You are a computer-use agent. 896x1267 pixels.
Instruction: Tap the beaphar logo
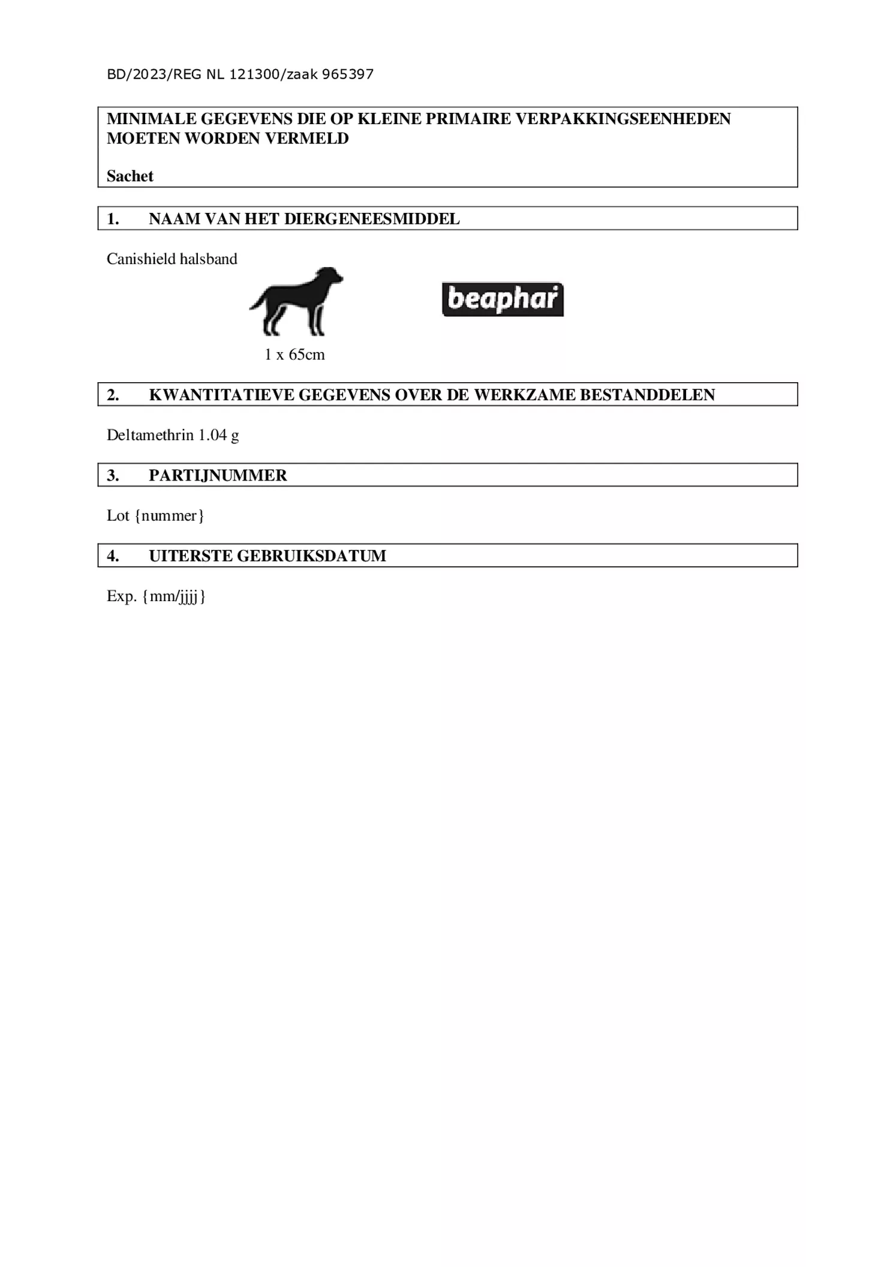pyautogui.click(x=503, y=299)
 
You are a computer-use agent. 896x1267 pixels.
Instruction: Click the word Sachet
pyautogui.click(x=130, y=176)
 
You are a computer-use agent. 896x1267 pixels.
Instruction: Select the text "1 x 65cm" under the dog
pyautogui.click(x=294, y=355)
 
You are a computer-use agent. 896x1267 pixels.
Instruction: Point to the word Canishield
pyautogui.click(x=137, y=259)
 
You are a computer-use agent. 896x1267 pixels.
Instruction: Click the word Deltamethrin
pyautogui.click(x=150, y=435)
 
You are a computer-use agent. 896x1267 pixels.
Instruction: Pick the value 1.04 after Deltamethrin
pyautogui.click(x=212, y=435)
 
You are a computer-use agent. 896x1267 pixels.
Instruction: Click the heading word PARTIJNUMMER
pyautogui.click(x=218, y=475)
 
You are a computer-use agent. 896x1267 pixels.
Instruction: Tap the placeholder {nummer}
pyautogui.click(x=170, y=515)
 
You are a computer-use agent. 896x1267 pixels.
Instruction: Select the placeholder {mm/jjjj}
pyautogui.click(x=174, y=596)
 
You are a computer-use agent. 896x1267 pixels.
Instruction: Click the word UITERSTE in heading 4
pyautogui.click(x=191, y=556)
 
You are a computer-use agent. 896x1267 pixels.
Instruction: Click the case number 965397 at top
pyautogui.click(x=348, y=74)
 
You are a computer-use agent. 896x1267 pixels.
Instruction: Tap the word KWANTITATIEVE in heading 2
pyautogui.click(x=221, y=395)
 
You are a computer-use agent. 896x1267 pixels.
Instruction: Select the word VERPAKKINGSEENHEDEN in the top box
pyautogui.click(x=623, y=119)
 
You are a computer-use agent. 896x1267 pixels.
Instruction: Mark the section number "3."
pyautogui.click(x=113, y=475)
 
